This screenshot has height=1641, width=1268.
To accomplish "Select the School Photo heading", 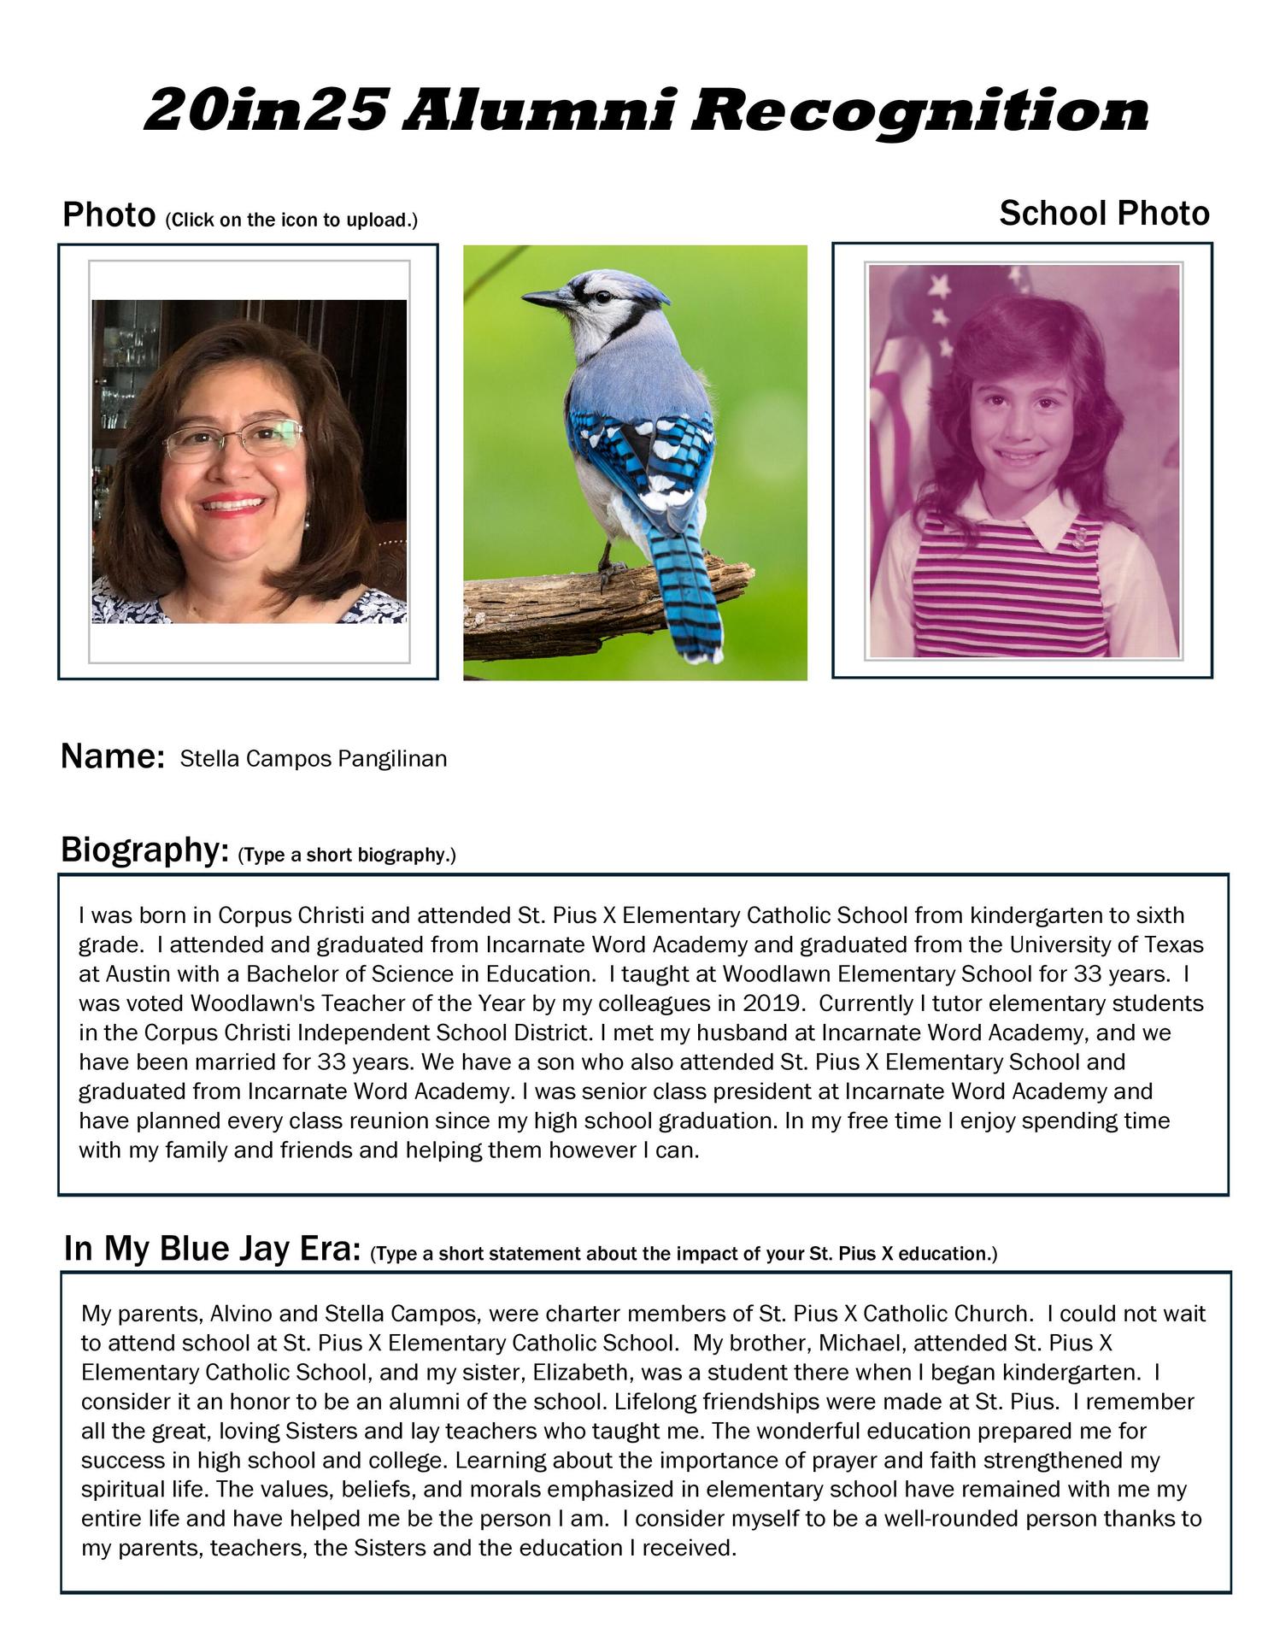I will (1104, 214).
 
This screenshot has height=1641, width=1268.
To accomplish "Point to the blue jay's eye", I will (603, 297).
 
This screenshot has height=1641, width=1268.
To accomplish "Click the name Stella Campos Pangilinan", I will (314, 758).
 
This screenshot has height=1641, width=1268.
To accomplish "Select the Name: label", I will (112, 757).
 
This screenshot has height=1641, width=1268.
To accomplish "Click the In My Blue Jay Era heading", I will (211, 1250).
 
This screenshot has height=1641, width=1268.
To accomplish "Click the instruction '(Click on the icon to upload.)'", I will (291, 221).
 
